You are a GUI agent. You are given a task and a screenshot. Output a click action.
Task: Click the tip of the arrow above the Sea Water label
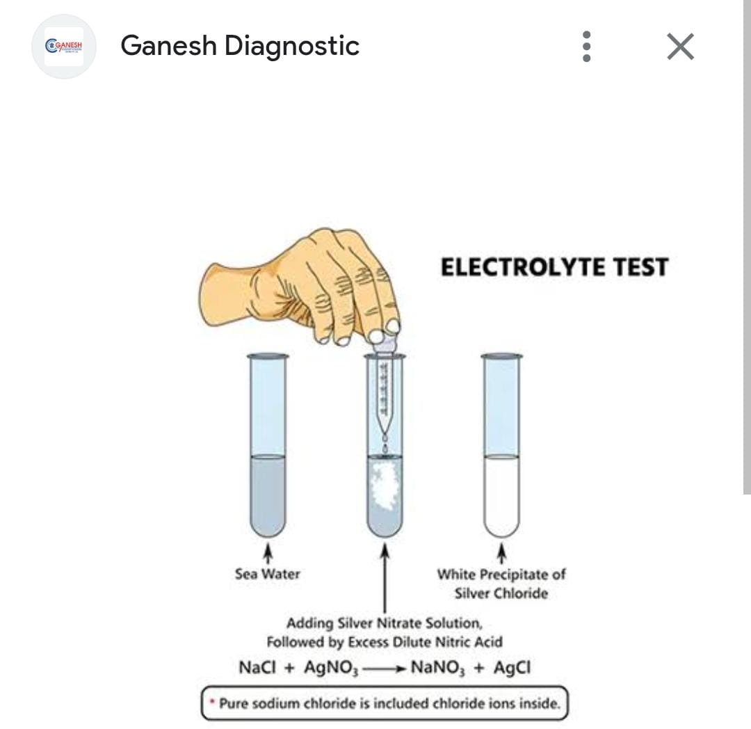click(x=268, y=543)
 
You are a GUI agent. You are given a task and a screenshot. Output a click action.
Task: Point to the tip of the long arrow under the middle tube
click(x=385, y=543)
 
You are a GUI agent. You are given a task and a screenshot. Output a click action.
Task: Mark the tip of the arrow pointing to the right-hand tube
click(x=501, y=543)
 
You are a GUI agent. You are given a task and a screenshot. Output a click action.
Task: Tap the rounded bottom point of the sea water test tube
click(x=268, y=537)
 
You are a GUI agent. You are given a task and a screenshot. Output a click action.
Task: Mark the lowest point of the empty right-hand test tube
click(x=501, y=537)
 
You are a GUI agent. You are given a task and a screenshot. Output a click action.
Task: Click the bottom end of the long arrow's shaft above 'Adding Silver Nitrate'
click(x=385, y=613)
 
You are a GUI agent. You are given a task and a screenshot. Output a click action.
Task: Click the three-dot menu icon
click(x=586, y=47)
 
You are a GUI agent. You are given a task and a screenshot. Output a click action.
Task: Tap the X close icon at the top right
click(x=680, y=47)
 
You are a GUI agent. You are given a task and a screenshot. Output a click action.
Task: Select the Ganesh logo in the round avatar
click(x=64, y=47)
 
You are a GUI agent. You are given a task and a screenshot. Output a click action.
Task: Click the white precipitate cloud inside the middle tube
click(x=384, y=486)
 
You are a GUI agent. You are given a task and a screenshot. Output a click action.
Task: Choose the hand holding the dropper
click(x=299, y=287)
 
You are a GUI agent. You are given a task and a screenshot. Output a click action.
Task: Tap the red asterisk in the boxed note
click(x=211, y=702)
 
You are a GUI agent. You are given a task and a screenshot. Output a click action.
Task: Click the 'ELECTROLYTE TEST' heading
click(x=554, y=267)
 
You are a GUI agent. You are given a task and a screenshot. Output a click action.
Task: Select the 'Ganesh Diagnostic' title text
click(x=239, y=46)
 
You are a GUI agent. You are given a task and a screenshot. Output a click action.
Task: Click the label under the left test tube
click(x=267, y=574)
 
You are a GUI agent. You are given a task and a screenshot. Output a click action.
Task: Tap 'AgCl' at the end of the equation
click(x=512, y=667)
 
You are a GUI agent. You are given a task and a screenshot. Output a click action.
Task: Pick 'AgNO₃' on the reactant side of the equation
click(x=331, y=668)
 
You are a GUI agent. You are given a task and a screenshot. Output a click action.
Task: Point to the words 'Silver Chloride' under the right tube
click(x=501, y=593)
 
